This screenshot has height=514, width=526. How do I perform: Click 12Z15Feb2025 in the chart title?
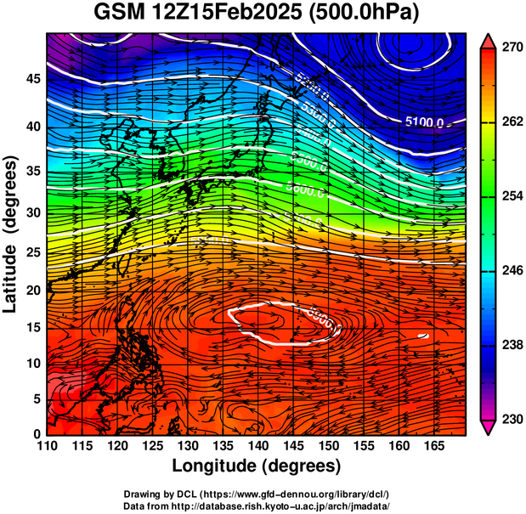click(234, 14)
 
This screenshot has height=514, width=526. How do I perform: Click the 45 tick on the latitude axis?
click(33, 78)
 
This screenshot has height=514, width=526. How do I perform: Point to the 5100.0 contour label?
click(424, 122)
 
